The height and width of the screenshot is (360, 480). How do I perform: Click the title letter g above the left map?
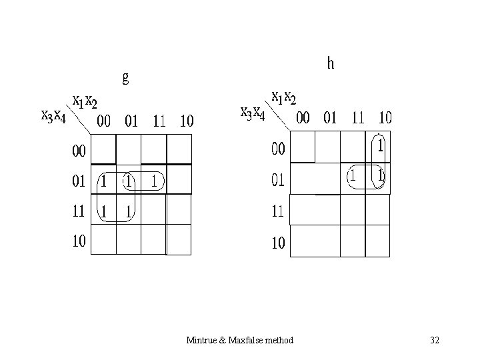[125, 78]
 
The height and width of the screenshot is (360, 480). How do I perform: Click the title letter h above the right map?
[331, 64]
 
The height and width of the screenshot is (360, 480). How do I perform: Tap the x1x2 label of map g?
[85, 101]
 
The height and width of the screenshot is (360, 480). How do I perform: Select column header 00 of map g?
[104, 122]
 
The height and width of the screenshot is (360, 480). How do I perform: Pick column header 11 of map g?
[159, 122]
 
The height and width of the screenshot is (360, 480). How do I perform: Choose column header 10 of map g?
[187, 122]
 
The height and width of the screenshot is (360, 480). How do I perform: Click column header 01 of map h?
[330, 119]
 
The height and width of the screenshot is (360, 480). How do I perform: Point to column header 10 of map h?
[385, 119]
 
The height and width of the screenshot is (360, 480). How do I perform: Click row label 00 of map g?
[79, 151]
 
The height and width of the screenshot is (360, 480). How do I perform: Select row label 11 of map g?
[79, 212]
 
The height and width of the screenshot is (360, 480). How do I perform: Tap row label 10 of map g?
[79, 241]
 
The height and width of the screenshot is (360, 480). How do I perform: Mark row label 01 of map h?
[279, 180]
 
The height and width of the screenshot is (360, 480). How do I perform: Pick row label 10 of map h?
[279, 243]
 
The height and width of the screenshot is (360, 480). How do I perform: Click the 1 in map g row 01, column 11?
[153, 180]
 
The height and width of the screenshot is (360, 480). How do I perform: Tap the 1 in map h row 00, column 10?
[380, 145]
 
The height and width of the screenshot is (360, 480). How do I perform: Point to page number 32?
[435, 341]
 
